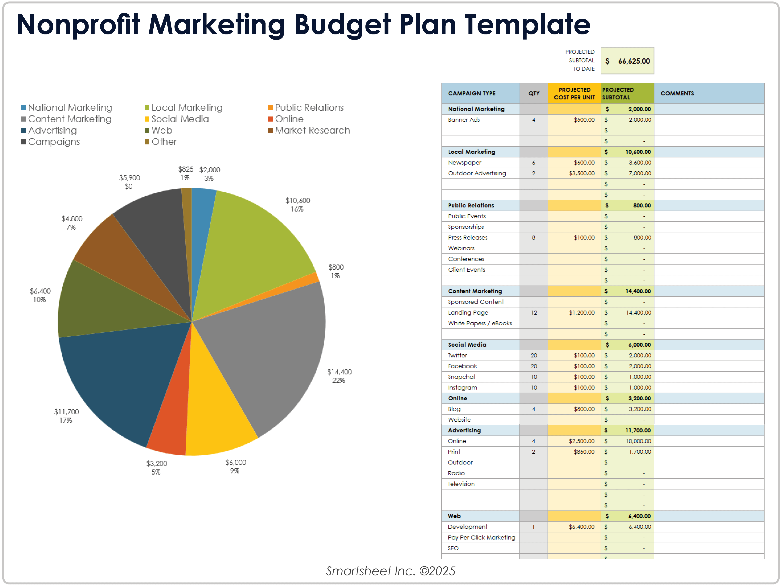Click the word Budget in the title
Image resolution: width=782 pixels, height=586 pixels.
342,25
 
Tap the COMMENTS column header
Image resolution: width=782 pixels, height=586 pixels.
677,93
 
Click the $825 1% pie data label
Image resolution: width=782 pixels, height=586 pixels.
186,173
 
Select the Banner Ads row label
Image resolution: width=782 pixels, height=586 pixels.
464,120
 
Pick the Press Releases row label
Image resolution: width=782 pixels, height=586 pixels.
467,238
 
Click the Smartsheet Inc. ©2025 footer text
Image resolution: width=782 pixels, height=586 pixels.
391,571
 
